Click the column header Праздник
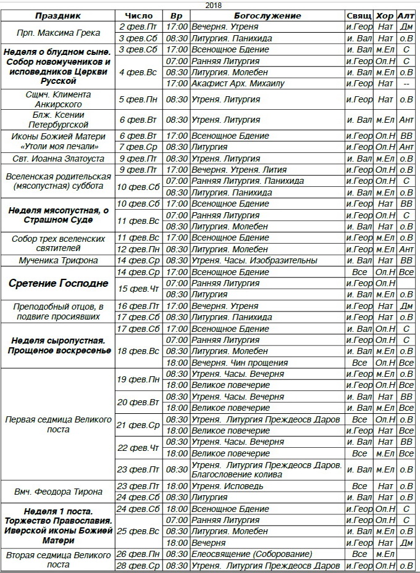coord(58,16)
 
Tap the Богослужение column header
coord(267,16)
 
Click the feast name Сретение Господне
coord(58,284)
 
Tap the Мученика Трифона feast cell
coord(58,261)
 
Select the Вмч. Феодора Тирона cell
coord(58,492)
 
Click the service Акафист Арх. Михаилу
coord(238,83)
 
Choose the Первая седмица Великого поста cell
coord(58,424)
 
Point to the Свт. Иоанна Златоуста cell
coord(58,159)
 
